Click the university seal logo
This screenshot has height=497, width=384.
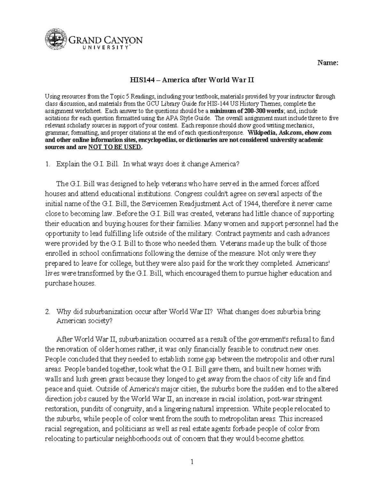tap(56, 40)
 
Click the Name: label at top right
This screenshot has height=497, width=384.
tap(328, 63)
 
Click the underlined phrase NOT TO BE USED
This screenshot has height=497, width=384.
tap(114, 147)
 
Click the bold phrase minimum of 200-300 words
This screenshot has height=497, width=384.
tap(240, 111)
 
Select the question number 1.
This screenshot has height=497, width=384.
tap(47, 164)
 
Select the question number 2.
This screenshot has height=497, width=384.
tap(47, 312)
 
